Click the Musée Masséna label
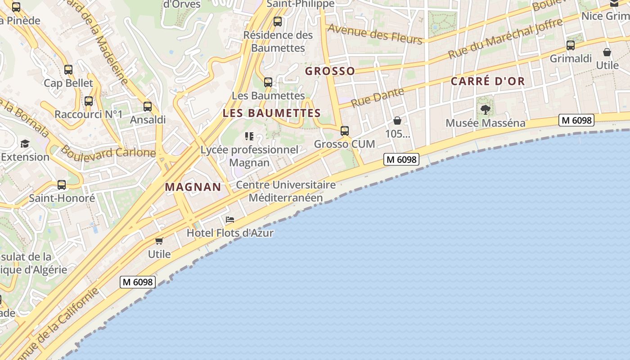[x=485, y=123]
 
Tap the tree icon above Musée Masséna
[x=485, y=109]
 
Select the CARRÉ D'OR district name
[x=488, y=81]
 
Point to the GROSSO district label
[x=330, y=71]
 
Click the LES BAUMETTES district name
[x=272, y=113]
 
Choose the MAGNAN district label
[x=193, y=187]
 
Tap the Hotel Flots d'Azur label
[x=230, y=233]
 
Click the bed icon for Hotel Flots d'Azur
[x=230, y=220]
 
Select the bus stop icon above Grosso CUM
[x=345, y=131]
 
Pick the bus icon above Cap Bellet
[x=68, y=70]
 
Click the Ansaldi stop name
[x=148, y=120]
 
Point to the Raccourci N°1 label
[x=89, y=114]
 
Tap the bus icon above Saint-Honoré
[x=62, y=185]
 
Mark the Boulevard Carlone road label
[x=108, y=151]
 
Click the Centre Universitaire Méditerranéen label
[x=286, y=191]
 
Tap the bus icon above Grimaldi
[x=571, y=45]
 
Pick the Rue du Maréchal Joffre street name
[x=505, y=39]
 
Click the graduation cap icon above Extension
[x=25, y=144]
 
